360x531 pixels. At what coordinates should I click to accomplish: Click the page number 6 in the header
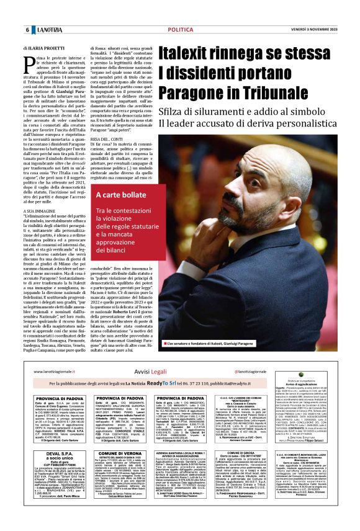pos(27,29)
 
